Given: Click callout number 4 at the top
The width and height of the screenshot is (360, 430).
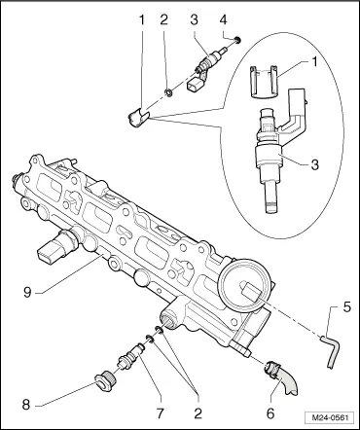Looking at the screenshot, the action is [223, 20].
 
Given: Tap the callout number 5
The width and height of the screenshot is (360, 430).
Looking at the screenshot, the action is [347, 306].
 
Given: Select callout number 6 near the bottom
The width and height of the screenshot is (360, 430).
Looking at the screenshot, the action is [270, 413].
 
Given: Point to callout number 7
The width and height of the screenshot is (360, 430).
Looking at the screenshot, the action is [161, 413].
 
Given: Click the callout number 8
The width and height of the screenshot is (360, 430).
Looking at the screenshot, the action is [26, 405].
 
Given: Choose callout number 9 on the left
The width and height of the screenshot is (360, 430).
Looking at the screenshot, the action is [27, 293].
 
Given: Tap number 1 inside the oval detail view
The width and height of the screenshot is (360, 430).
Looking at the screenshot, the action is [313, 62].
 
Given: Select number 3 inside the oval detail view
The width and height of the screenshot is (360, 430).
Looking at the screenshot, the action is [314, 164].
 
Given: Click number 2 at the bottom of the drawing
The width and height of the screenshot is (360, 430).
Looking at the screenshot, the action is [198, 413].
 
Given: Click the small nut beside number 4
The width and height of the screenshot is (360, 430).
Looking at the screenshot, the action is [237, 40].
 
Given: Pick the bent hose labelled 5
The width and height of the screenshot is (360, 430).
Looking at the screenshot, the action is [331, 351].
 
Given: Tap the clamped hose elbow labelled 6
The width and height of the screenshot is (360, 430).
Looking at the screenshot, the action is [283, 377].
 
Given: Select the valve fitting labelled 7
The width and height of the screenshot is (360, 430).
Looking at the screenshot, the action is [130, 356].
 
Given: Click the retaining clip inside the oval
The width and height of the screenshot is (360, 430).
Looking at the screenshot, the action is [264, 82].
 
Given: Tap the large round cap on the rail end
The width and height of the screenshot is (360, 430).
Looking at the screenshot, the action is [245, 285].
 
